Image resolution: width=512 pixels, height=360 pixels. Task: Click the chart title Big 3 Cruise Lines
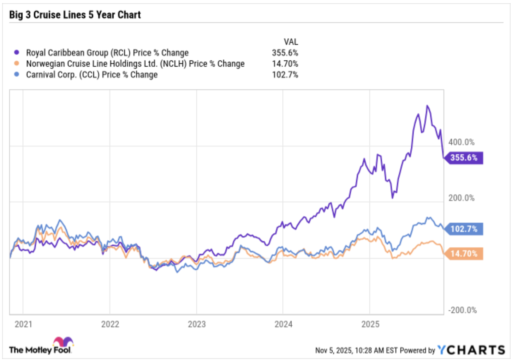click(x=75, y=15)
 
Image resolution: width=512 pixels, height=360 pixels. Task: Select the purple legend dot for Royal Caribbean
click(x=17, y=53)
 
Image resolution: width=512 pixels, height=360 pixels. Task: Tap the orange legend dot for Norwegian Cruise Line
click(x=17, y=64)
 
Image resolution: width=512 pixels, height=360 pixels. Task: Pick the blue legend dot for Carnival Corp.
click(x=17, y=74)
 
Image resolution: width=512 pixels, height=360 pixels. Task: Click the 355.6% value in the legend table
click(x=285, y=53)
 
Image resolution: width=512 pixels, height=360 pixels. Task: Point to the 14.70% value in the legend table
click(x=285, y=64)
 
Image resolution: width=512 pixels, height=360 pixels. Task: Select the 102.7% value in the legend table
click(x=285, y=75)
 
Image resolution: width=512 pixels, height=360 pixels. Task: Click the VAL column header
click(x=291, y=42)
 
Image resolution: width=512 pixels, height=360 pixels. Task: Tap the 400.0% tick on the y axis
click(x=461, y=142)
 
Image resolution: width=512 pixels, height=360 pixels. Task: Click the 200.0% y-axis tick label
click(x=461, y=198)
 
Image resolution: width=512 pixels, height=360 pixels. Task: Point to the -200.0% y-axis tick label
click(x=462, y=310)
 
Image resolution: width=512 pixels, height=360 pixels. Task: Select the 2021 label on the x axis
click(x=23, y=324)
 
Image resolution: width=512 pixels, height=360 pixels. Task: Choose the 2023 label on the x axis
click(x=197, y=324)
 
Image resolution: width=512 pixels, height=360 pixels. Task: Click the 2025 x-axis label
click(x=370, y=324)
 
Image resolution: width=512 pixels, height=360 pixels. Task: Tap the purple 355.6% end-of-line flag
click(x=464, y=158)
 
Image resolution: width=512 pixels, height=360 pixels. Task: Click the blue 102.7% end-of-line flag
click(x=464, y=229)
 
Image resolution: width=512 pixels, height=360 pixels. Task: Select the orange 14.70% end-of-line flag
click(x=464, y=254)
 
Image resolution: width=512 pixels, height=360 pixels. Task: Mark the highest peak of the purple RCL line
click(x=427, y=106)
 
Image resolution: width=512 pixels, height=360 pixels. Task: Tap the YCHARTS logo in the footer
click(x=471, y=350)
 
